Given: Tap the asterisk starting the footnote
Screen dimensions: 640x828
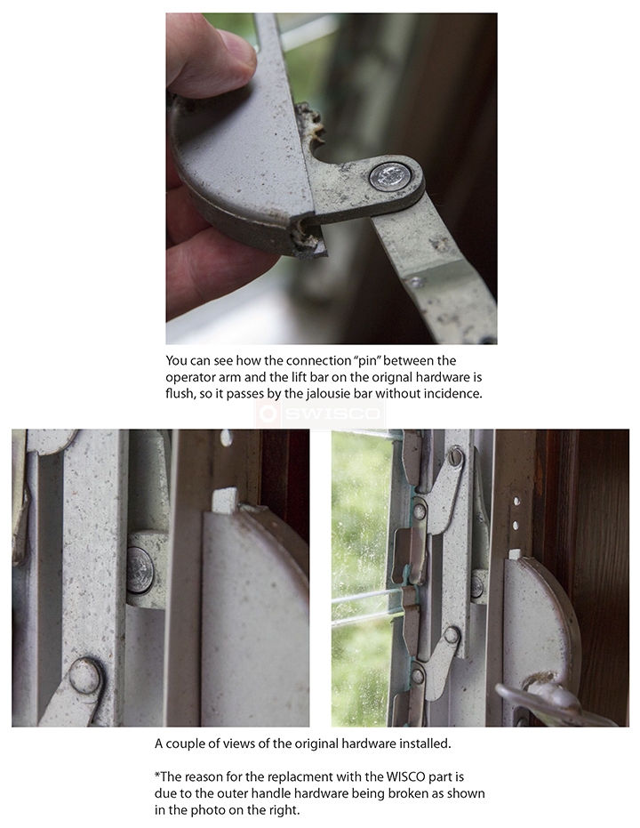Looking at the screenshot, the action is tap(157, 775).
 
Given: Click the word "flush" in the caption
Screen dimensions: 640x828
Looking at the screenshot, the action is tap(180, 394).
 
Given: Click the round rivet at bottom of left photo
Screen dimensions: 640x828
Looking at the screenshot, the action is tap(86, 675).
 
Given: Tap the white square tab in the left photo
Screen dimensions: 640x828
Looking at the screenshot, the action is tap(225, 500).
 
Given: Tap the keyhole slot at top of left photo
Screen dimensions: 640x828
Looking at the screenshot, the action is tap(226, 438).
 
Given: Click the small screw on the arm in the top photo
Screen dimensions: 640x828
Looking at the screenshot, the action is tap(417, 282).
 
